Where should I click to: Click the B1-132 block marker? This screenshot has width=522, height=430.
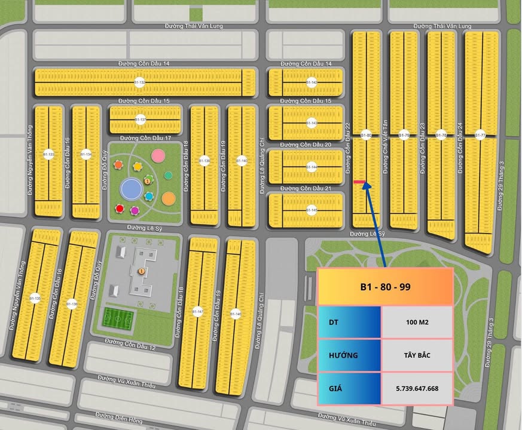click(x=139, y=82)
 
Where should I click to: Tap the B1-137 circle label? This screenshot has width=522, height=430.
click(x=141, y=119)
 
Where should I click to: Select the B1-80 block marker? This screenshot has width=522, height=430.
click(x=367, y=136)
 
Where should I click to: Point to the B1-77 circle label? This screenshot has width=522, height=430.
click(x=480, y=136)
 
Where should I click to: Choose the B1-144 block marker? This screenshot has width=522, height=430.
click(x=312, y=167)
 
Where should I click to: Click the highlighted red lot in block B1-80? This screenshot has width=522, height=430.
click(x=360, y=182)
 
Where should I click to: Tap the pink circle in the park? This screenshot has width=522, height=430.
click(x=158, y=156)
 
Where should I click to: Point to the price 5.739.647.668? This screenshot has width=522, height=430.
click(x=417, y=388)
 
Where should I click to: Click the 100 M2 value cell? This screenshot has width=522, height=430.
click(x=417, y=322)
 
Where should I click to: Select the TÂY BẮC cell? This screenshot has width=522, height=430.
click(x=417, y=355)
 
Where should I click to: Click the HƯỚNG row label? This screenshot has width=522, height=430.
click(x=343, y=355)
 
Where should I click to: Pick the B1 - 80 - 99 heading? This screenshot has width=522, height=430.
click(x=385, y=287)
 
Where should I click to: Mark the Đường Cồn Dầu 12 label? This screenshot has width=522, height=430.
click(x=130, y=344)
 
